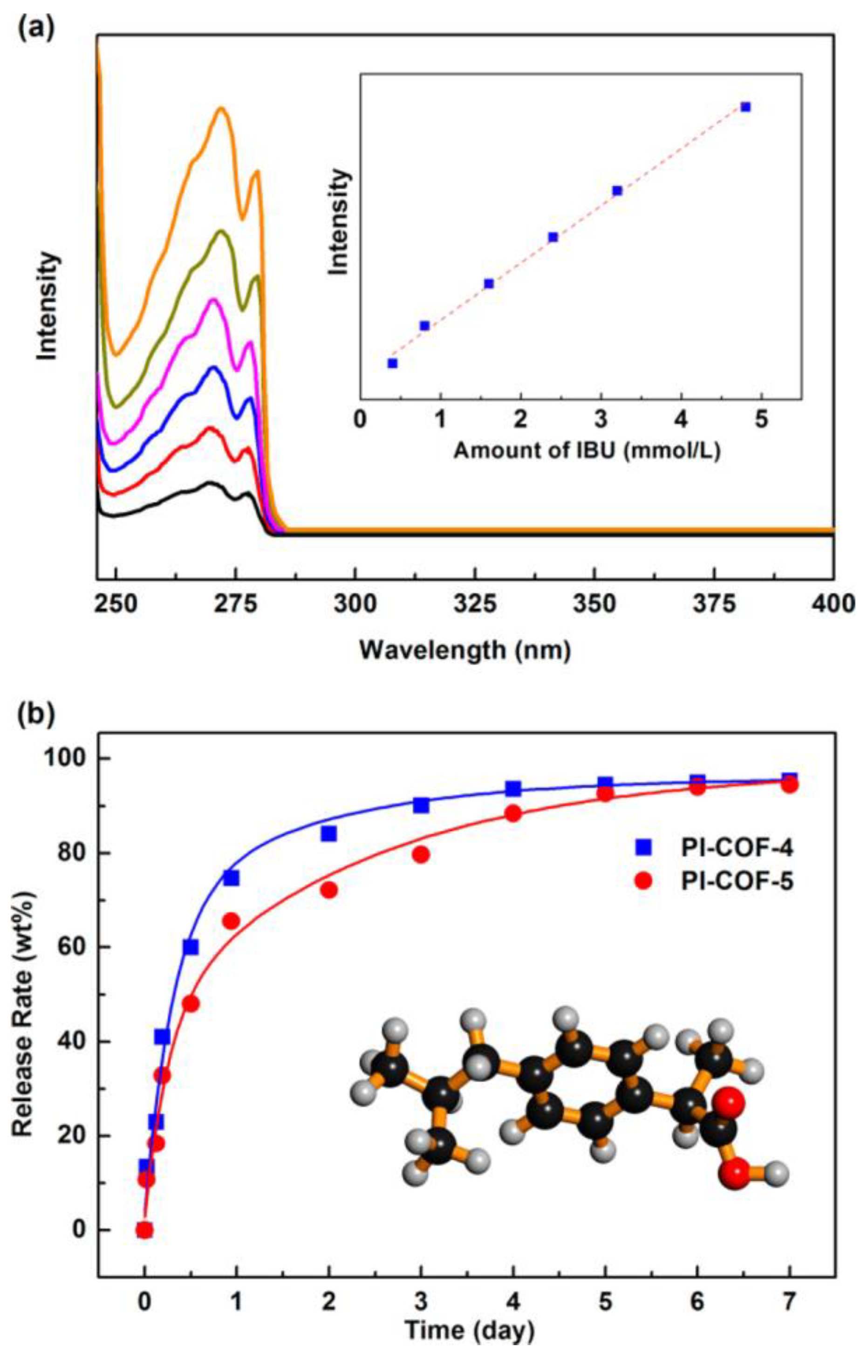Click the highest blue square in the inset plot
click(x=745, y=107)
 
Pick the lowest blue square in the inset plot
click(x=393, y=363)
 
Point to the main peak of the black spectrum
click(x=210, y=483)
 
